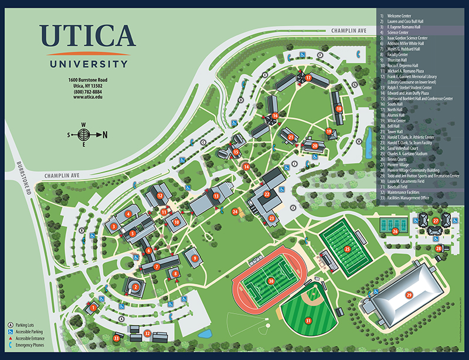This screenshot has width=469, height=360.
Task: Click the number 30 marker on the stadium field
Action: pyautogui.click(x=271, y=281)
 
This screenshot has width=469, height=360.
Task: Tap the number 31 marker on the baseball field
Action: pyautogui.click(x=308, y=321)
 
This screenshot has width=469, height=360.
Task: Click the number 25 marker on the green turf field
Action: pyautogui.click(x=347, y=249)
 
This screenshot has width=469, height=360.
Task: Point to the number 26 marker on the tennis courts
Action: pyautogui.click(x=395, y=232)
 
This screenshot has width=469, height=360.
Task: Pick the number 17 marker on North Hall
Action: pyautogui.click(x=308, y=77)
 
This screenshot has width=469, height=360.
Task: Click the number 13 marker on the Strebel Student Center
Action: pyautogui.click(x=216, y=196)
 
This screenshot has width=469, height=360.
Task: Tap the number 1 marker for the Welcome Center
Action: pyautogui.click(x=93, y=307)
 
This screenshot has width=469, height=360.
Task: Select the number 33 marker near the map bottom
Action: pyautogui.click(x=117, y=338)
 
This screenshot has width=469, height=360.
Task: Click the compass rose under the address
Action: pyautogui.click(x=84, y=135)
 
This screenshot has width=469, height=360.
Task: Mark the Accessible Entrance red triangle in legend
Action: pyautogui.click(x=11, y=338)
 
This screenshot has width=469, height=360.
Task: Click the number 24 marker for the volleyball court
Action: pyautogui.click(x=235, y=212)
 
